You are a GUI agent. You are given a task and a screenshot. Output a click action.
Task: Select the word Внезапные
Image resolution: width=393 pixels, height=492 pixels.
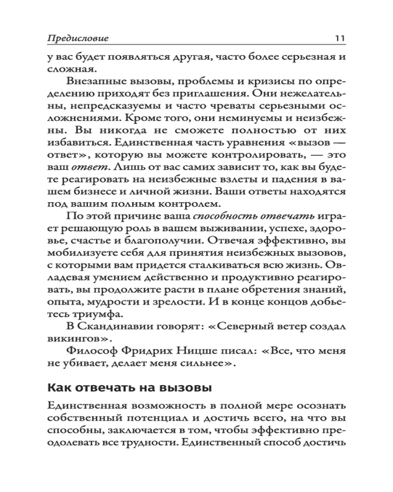click(101, 80)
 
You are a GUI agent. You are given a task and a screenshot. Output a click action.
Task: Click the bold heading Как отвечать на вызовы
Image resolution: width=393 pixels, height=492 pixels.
click(129, 388)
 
